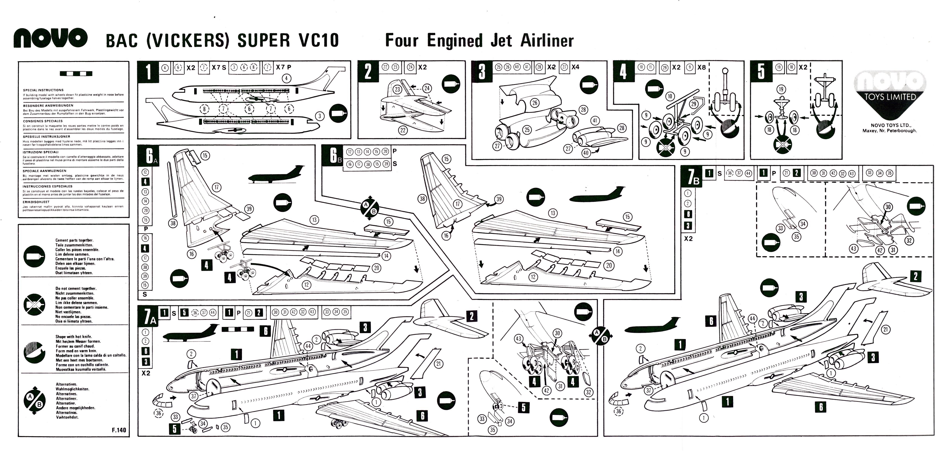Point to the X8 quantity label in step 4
[x=701, y=67]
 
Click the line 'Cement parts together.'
[x=74, y=240]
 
